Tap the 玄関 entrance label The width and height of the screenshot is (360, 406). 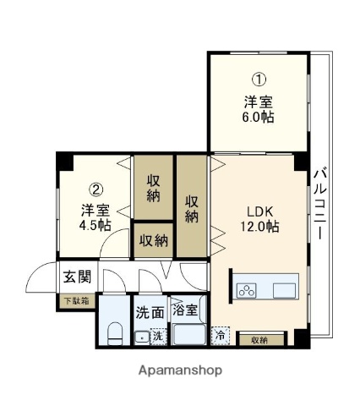tap(78, 277)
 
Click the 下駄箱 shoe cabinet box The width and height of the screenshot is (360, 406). tap(76, 299)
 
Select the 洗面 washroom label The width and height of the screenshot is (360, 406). tap(149, 310)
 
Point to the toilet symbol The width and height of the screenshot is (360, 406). tap(115, 332)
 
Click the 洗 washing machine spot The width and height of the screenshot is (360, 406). tap(155, 337)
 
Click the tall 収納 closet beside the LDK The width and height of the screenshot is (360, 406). tap(193, 206)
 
